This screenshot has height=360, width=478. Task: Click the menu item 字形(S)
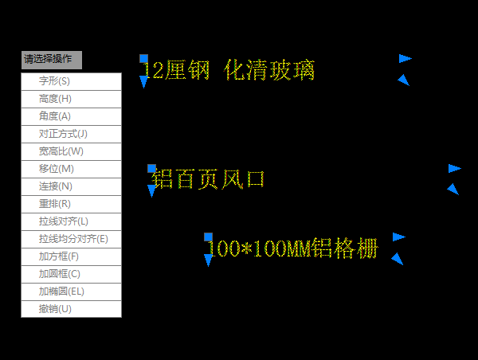(72, 81)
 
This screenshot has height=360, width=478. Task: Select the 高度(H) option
(72, 99)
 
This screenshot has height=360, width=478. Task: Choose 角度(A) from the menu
(72, 116)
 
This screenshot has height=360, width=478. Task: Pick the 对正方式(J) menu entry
(72, 134)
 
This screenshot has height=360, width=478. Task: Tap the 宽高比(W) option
(72, 151)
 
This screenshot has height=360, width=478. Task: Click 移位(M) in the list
(72, 169)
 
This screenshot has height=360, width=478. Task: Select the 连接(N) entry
(72, 186)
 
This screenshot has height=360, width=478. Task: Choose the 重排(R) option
(72, 204)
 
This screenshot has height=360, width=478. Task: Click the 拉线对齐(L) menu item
(72, 221)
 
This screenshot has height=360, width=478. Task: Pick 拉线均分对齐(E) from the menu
(72, 239)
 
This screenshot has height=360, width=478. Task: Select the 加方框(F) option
(72, 256)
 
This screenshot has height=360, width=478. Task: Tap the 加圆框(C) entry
(72, 274)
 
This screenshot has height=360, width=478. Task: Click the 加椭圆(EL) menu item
(72, 292)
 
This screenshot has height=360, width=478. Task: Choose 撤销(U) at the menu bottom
(72, 309)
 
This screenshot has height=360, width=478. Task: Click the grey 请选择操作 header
(52, 60)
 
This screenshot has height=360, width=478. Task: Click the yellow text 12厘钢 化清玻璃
(229, 70)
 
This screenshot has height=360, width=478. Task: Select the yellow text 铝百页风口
(208, 179)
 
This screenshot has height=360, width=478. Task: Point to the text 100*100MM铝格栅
(292, 248)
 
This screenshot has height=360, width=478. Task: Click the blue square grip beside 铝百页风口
(151, 169)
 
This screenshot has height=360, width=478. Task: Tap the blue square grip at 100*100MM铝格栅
(208, 237)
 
